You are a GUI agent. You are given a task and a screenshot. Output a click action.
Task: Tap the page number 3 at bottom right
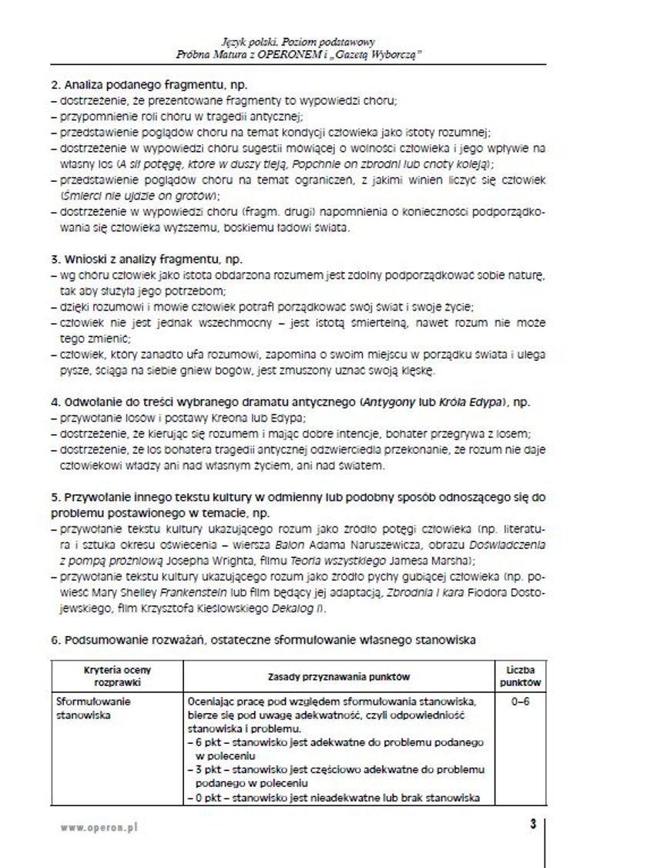click(532, 824)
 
